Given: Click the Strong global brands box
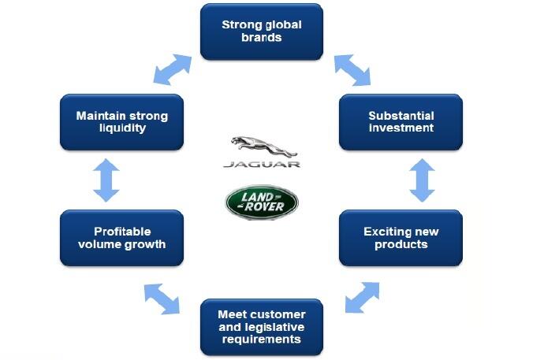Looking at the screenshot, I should [261, 32].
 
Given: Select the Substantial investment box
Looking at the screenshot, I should [400, 122].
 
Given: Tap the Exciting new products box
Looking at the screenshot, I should [400, 238].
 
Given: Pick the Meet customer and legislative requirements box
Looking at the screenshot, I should [261, 327].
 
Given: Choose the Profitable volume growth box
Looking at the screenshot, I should [121, 238].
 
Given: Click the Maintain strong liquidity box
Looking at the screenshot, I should [121, 122].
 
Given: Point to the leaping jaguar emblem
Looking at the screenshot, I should [263, 145].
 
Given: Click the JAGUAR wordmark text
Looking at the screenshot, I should [261, 165].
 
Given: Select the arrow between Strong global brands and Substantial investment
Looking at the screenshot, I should [352, 69].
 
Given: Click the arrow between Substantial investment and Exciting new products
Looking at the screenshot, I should [421, 180].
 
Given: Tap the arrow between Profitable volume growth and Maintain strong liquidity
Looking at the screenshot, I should [106, 180].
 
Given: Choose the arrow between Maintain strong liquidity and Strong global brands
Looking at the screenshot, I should [172, 69].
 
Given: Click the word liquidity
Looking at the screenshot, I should [121, 128].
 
